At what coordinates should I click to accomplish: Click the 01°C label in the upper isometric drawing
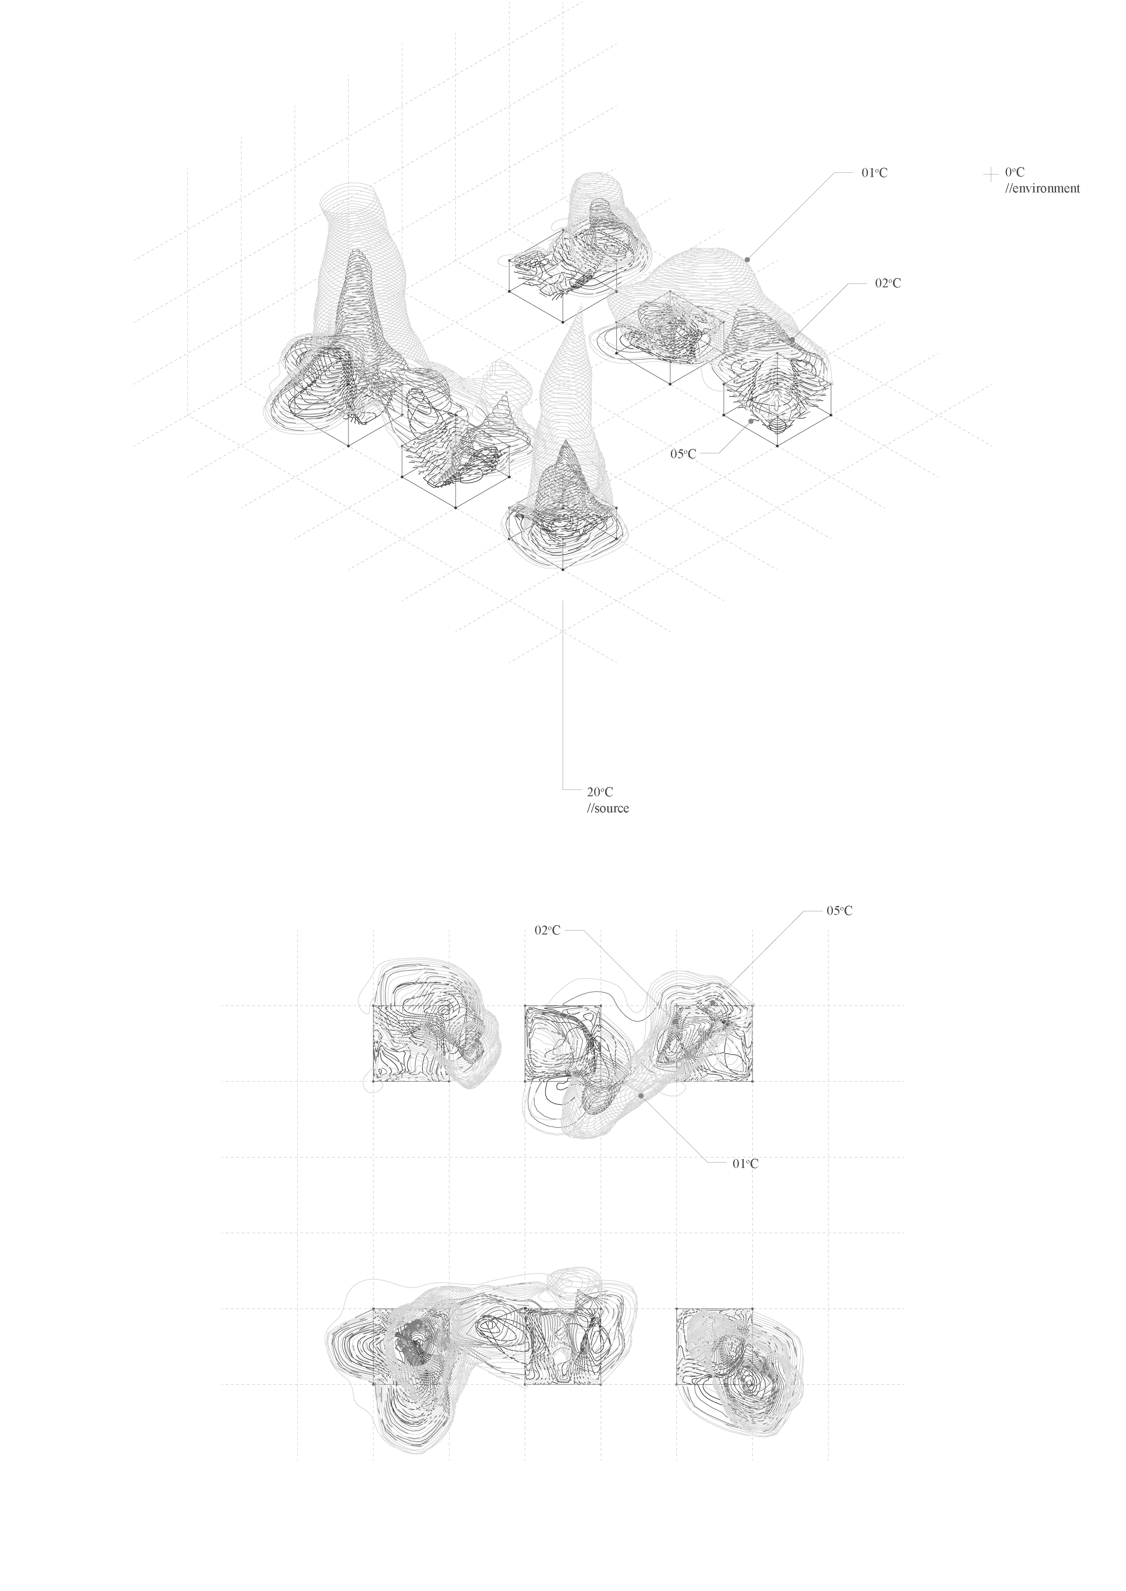(874, 173)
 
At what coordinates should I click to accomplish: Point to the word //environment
(1042, 189)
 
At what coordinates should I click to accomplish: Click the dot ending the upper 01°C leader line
(748, 259)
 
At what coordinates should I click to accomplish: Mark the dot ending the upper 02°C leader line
(792, 340)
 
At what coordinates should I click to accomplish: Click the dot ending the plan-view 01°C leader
(641, 1095)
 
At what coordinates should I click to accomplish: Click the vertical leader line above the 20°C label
(563, 695)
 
